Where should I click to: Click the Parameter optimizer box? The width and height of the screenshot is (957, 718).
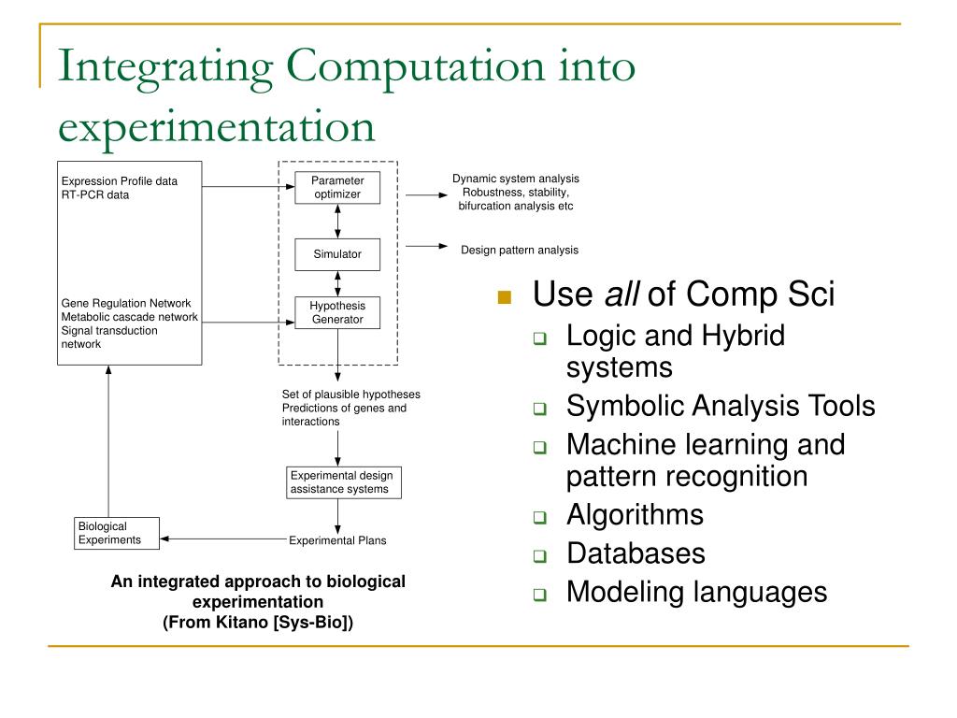point(336,188)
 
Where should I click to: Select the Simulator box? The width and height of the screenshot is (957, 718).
point(336,254)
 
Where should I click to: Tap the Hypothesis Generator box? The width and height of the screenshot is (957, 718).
point(336,313)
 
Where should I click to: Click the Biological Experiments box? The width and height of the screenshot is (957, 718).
point(116,533)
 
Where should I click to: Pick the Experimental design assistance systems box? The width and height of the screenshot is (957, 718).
point(344,482)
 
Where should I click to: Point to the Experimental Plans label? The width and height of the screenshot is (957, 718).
point(337,540)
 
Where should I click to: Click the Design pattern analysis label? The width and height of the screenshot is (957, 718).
point(520,250)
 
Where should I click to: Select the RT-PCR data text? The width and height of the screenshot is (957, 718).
point(95,195)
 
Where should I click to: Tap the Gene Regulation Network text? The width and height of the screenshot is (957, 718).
point(126,303)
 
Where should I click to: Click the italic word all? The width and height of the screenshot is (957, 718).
point(621,295)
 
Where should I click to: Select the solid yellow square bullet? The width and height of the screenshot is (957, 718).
point(506,297)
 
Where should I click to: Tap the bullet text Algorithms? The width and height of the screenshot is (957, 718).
point(635,515)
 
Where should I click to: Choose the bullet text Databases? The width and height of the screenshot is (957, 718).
point(636,553)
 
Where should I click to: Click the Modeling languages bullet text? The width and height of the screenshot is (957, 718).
point(696,592)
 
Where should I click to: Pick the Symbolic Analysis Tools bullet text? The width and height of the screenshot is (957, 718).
point(721,406)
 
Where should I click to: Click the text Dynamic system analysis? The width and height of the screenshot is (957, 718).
point(516,179)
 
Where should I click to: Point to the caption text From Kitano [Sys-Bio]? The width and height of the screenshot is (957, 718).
point(259,622)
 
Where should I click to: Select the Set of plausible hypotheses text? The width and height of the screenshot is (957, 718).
point(351,395)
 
